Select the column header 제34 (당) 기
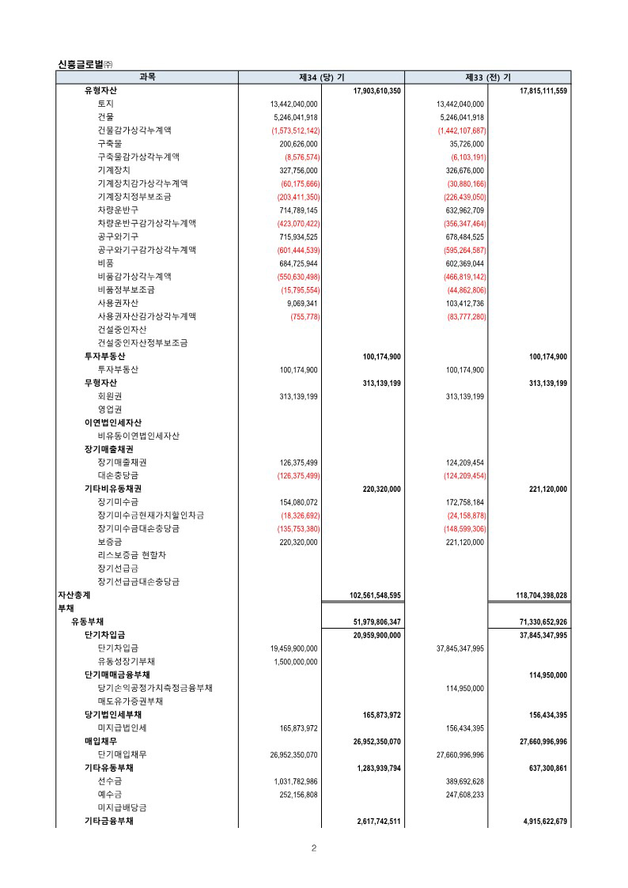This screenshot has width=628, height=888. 321,77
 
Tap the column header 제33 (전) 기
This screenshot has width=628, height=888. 487,77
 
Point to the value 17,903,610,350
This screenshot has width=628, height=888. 376,91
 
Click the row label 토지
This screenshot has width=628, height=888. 105,104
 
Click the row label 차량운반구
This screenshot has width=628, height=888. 118,210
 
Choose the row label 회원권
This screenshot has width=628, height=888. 109,396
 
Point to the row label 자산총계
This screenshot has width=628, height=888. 74,595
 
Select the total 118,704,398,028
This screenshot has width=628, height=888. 541,595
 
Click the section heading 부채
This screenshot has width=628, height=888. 66,608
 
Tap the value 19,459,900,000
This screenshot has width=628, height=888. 294,648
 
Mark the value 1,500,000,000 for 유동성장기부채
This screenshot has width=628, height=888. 296,661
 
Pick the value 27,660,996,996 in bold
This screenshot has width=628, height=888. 541,741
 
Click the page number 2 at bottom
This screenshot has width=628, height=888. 314,848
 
